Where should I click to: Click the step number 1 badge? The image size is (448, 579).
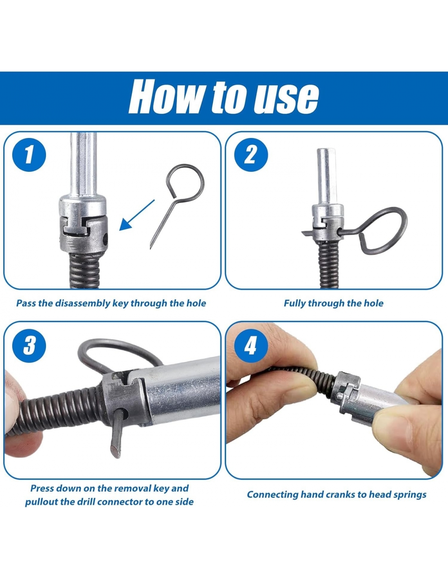click(29, 155)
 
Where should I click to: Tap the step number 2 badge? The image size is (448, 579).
click(251, 155)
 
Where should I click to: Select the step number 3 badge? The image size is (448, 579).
click(29, 346)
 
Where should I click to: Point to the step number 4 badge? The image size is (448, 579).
click(251, 346)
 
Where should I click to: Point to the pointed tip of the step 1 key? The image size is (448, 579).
click(151, 248)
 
